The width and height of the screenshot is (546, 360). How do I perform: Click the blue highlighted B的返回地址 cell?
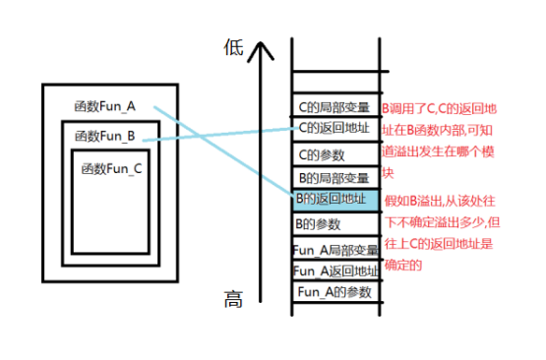[334, 200]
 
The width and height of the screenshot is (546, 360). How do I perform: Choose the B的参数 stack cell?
[334, 224]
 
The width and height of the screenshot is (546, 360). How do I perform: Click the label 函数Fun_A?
[104, 105]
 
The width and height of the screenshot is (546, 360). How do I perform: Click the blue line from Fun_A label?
[226, 152]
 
